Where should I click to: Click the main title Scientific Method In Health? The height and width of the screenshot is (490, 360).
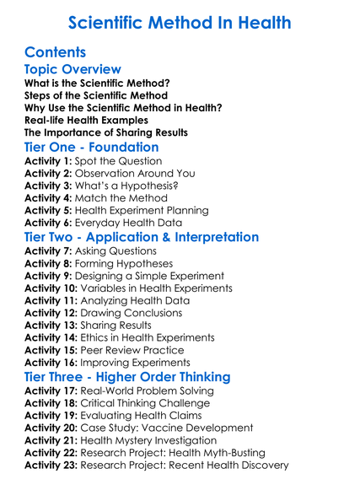pos(180,22)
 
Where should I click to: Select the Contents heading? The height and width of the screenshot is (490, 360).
pos(56,52)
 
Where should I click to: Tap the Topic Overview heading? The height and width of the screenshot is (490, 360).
pos(73,69)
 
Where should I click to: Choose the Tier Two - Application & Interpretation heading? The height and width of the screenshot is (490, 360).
pos(142,237)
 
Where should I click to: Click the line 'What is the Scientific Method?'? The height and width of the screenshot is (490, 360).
pos(96,83)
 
